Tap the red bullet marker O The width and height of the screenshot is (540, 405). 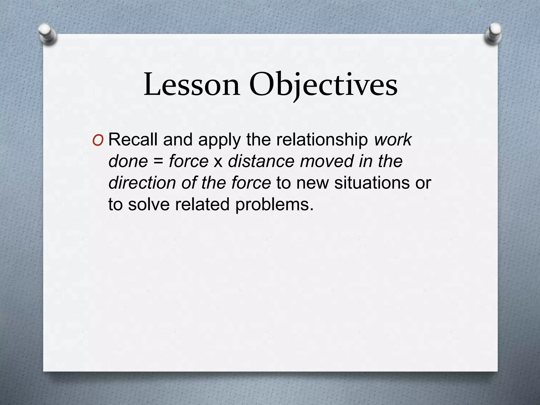pyautogui.click(x=98, y=141)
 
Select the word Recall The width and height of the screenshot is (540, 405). pyautogui.click(x=133, y=139)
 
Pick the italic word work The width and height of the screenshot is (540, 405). pyautogui.click(x=393, y=140)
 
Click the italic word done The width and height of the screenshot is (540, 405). pyautogui.click(x=128, y=161)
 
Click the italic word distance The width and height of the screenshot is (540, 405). pyautogui.click(x=261, y=161)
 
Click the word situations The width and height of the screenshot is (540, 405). pyautogui.click(x=372, y=183)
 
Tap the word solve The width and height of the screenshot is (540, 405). pyautogui.click(x=149, y=204)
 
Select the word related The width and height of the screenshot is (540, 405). pyautogui.click(x=202, y=204)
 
